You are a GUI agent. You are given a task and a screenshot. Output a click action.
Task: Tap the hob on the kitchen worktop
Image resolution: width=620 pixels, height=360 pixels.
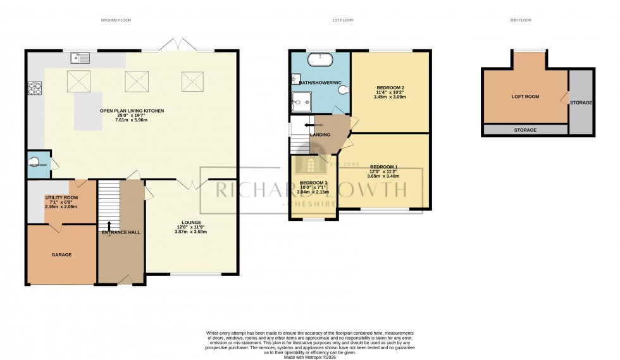(34, 89)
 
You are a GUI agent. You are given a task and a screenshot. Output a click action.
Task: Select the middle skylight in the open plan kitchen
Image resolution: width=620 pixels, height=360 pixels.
(134, 80)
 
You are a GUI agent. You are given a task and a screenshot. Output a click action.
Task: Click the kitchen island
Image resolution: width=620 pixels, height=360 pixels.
(89, 111)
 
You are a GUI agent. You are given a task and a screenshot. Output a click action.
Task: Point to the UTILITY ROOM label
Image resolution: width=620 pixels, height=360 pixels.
(61, 198)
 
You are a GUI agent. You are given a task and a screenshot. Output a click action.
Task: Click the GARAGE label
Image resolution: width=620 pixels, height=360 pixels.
(61, 254)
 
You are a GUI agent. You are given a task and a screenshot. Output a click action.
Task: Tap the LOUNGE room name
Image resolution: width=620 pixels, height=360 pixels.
(191, 222)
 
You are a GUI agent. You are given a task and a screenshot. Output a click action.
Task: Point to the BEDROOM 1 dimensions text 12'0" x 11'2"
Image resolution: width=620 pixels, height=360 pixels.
(385, 171)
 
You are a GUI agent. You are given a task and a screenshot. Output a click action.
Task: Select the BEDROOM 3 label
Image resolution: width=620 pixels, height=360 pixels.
(313, 183)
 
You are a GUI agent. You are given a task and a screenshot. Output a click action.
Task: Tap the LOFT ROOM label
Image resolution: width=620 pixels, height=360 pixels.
(525, 97)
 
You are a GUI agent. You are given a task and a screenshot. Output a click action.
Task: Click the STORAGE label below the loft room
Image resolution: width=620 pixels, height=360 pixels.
(525, 130)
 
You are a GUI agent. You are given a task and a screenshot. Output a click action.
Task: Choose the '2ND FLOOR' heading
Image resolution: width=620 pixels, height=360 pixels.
(521, 20)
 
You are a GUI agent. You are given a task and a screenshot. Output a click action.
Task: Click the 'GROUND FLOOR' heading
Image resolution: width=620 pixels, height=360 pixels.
(116, 20)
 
